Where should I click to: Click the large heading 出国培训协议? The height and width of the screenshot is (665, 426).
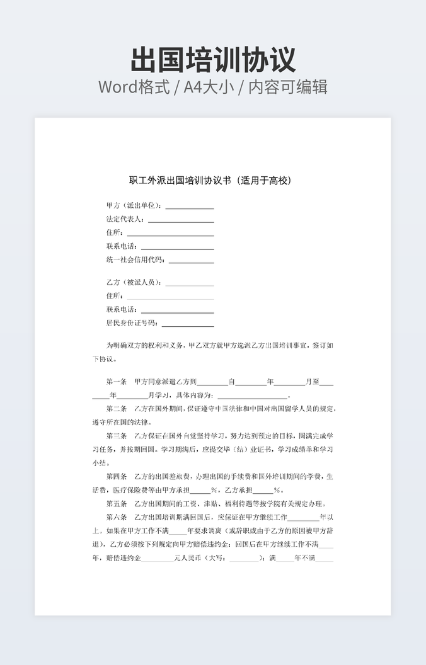click(x=213, y=60)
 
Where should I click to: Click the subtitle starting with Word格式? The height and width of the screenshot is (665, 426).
click(x=213, y=87)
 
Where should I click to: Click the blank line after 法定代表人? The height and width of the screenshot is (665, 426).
click(x=181, y=220)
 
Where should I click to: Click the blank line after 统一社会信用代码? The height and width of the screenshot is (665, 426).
click(x=192, y=261)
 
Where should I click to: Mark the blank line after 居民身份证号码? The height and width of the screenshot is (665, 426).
click(x=188, y=324)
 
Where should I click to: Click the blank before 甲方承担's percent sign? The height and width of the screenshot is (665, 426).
click(x=200, y=491)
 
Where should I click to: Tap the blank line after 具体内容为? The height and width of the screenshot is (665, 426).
click(x=252, y=396)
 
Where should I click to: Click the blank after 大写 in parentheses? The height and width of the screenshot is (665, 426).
click(x=244, y=559)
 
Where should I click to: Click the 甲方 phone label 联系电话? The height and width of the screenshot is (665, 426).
click(x=122, y=247)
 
